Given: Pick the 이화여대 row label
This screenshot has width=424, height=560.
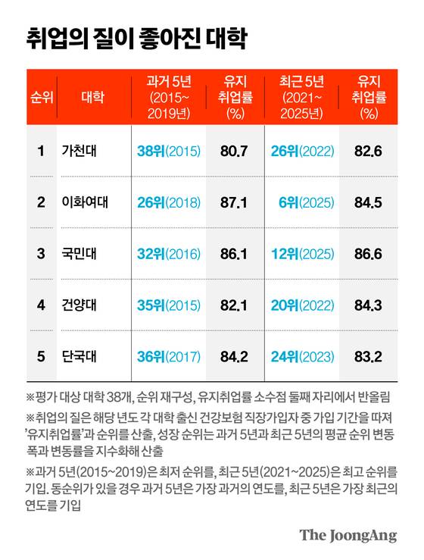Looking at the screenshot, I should point(86,202).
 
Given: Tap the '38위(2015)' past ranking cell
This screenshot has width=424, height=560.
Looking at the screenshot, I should point(168,151).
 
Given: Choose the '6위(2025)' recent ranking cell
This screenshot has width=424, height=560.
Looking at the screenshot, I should point(307,202).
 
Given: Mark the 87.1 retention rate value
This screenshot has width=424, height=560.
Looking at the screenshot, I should point(233,202).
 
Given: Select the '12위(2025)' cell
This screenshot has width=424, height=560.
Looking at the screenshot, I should point(301,254).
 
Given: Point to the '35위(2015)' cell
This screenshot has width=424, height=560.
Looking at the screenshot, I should point(168,305).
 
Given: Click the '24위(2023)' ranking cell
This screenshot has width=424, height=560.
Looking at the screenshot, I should point(301,356).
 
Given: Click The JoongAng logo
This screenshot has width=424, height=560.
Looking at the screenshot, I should point(348,535).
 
